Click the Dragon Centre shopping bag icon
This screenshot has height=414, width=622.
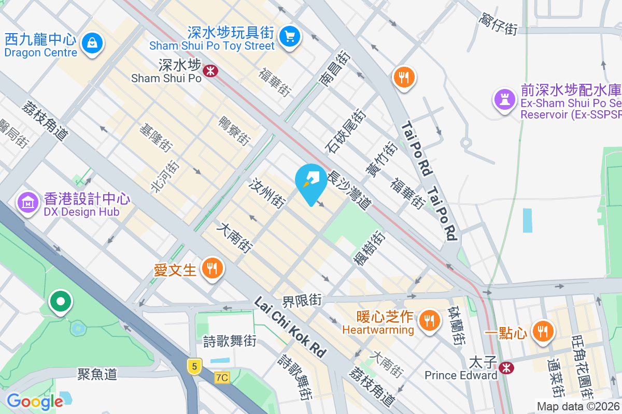pos(92,42)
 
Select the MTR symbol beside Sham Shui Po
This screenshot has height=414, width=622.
pos(210,70)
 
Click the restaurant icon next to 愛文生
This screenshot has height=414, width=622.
pos(211,268)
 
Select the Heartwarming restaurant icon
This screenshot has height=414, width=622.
pos(429,319)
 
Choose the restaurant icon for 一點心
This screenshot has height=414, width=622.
pos(543,330)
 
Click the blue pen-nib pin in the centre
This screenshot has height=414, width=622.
pos(310,182)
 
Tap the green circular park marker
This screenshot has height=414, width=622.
pos(61,301)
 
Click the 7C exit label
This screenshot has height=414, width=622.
pos(222,378)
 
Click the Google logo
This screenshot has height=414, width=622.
pos(35,401)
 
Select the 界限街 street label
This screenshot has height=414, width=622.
pos(302,300)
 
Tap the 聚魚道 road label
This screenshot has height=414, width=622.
pos(97,374)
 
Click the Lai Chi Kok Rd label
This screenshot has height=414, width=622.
pos(291,327)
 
